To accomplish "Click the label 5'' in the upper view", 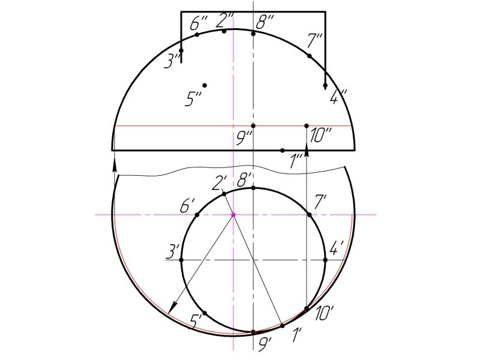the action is coord(193,99).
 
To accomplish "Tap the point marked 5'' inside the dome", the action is coord(205,85).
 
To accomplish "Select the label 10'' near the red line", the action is coord(320,136).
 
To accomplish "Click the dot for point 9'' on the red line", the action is coord(253,126).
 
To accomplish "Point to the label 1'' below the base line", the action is coord(296,161).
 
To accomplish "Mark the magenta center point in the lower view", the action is coord(233,215).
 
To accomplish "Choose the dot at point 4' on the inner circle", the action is coord(325,260).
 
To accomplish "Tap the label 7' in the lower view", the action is coord(320,203).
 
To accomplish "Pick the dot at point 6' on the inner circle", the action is coord(197,215).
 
